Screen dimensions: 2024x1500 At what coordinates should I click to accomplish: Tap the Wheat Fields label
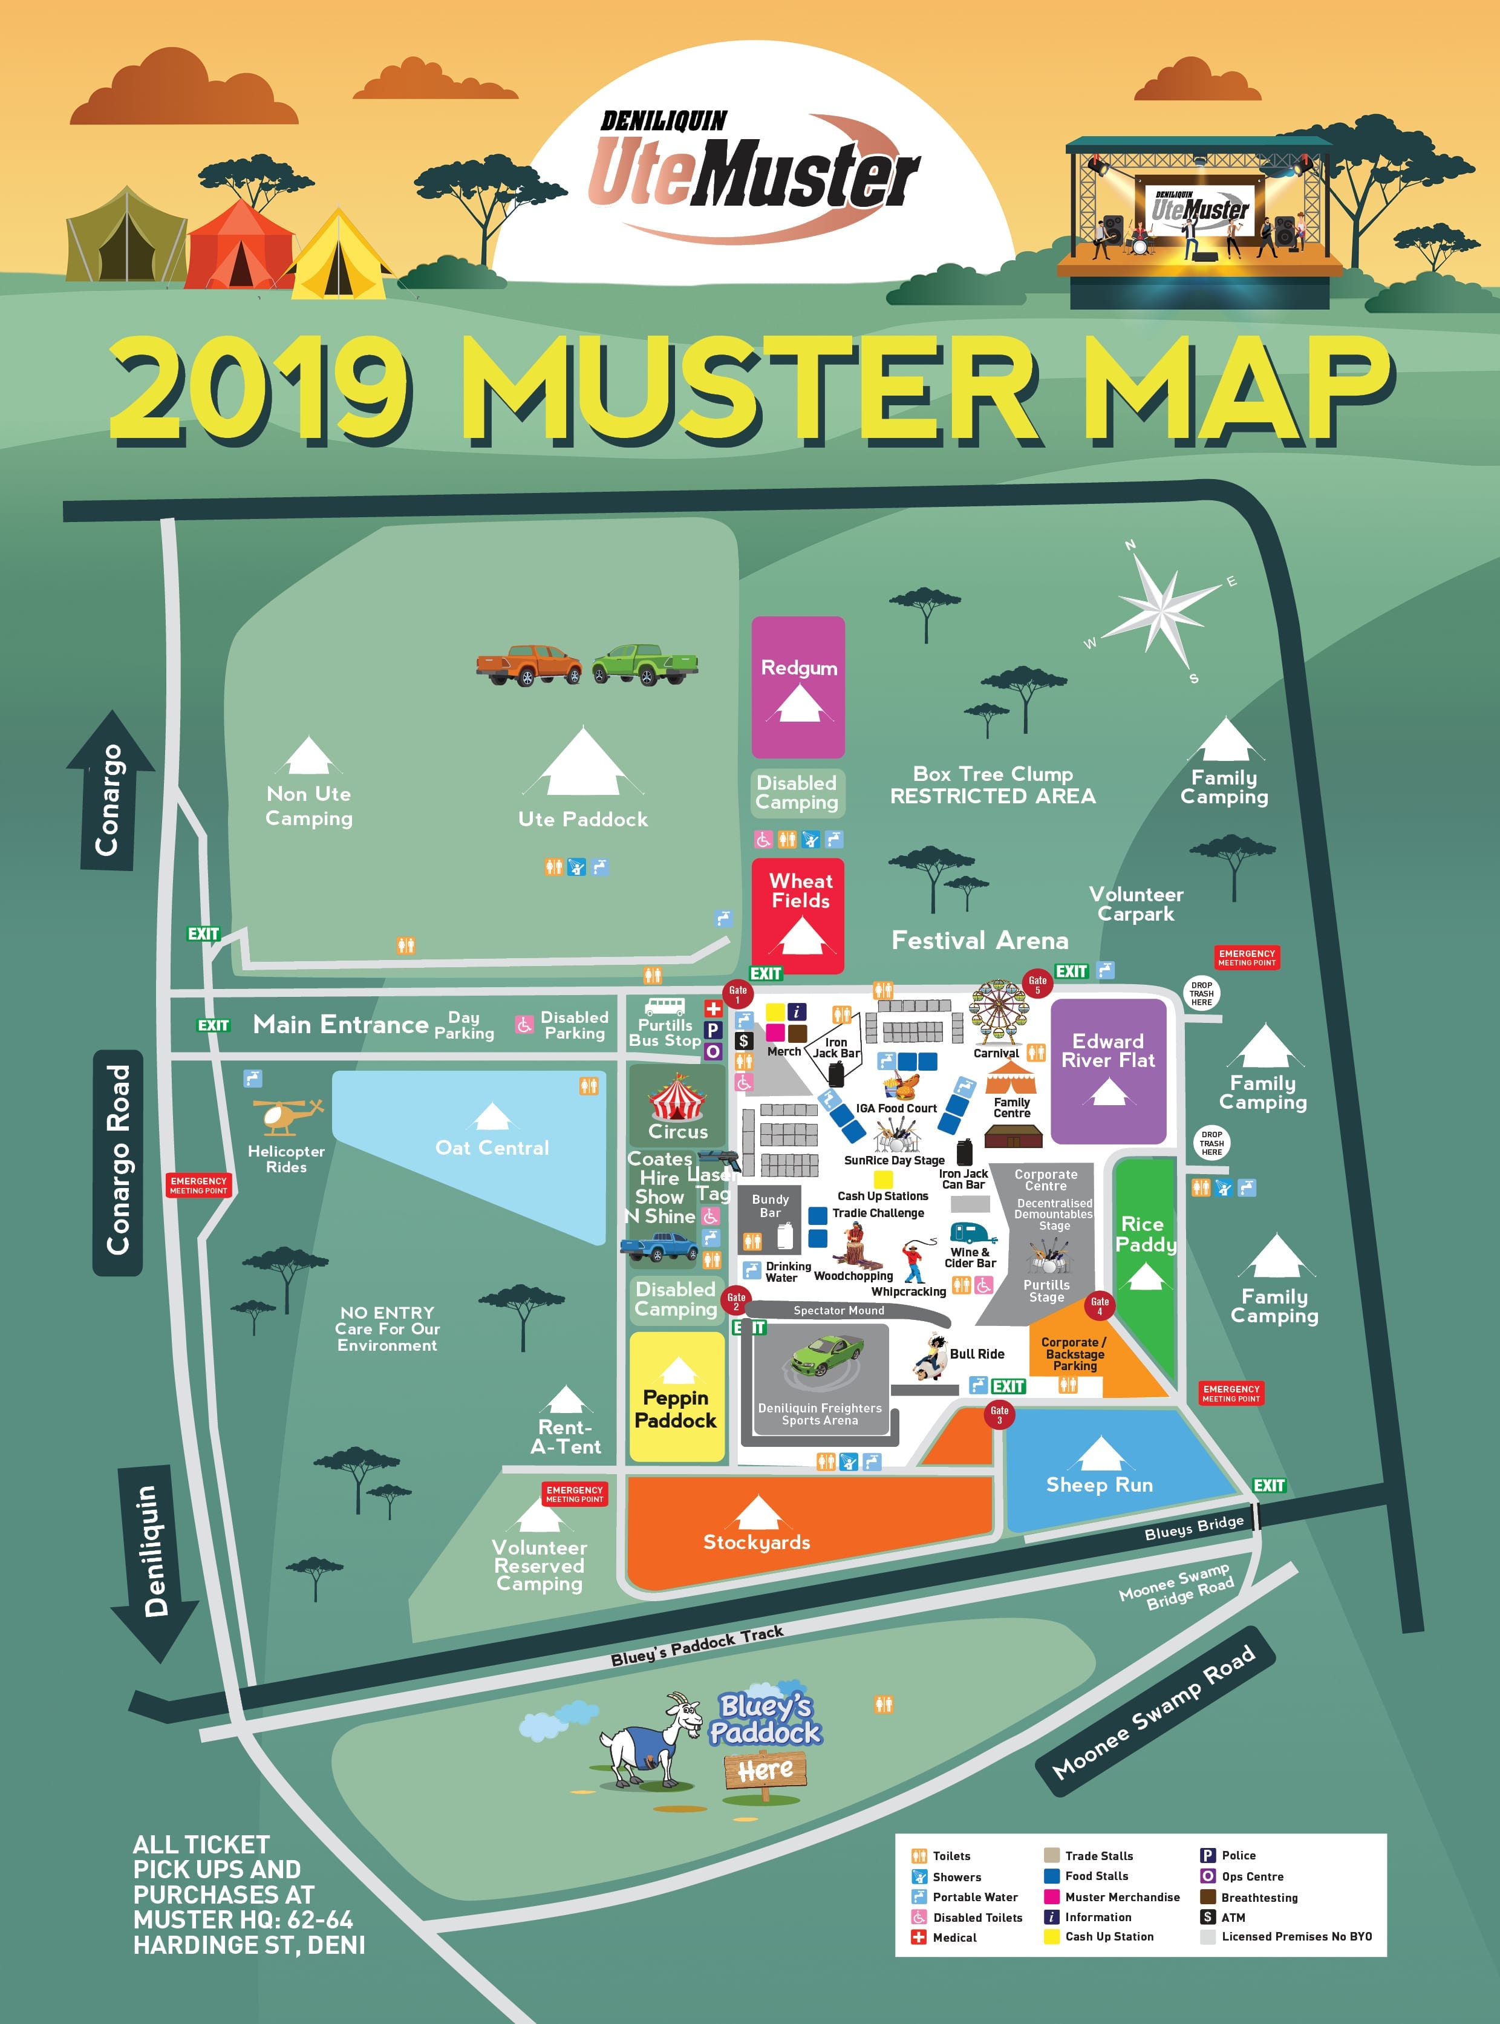coord(800,891)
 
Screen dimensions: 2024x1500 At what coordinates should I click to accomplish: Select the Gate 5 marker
coord(1037,984)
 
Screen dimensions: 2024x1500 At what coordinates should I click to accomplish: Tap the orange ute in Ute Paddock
coord(529,665)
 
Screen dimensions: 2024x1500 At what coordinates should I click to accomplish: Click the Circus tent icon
coord(677,1098)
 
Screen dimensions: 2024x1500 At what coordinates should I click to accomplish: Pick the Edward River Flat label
coord(1107,1051)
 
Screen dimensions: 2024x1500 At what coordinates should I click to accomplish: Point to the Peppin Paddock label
coord(676,1409)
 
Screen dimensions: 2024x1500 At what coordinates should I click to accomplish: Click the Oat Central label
coord(492,1147)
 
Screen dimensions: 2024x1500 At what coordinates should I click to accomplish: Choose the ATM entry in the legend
coord(1232,1917)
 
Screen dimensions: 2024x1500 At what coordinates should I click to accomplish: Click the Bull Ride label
coord(977,1354)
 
